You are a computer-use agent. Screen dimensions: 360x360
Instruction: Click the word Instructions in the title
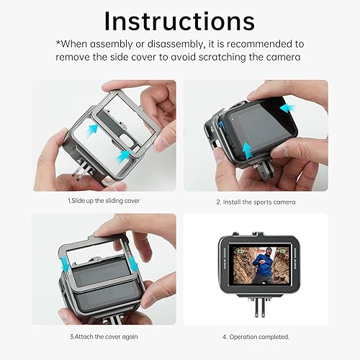[179, 21]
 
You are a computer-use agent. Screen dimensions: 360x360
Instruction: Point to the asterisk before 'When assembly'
[59, 43]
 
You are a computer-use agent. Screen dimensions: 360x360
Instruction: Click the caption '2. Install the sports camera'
[256, 202]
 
